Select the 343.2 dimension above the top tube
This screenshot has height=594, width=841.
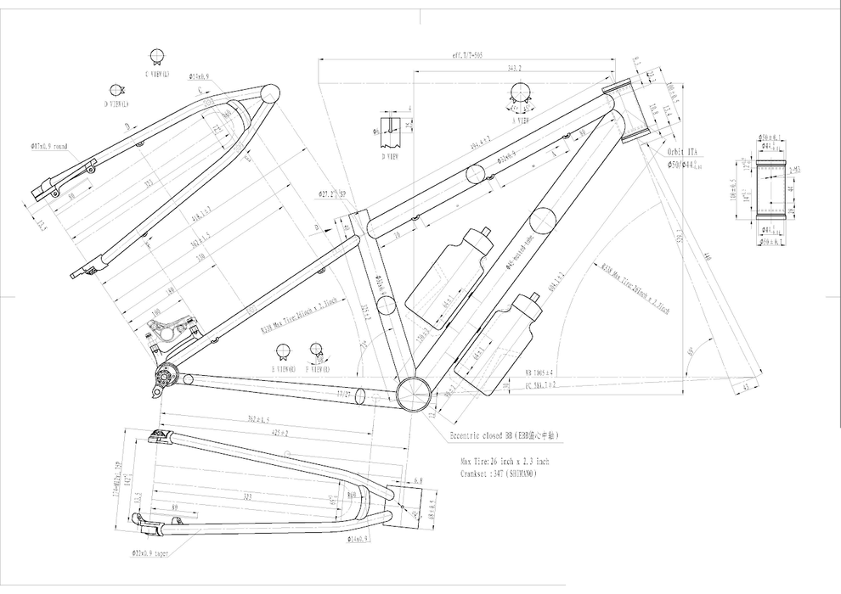[513, 68]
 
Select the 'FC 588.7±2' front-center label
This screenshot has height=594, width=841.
[540, 384]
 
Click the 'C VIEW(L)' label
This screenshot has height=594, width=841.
[156, 74]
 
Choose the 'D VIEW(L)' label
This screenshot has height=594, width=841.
[116, 104]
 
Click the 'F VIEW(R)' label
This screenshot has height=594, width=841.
[317, 369]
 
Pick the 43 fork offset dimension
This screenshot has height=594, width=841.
[746, 388]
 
